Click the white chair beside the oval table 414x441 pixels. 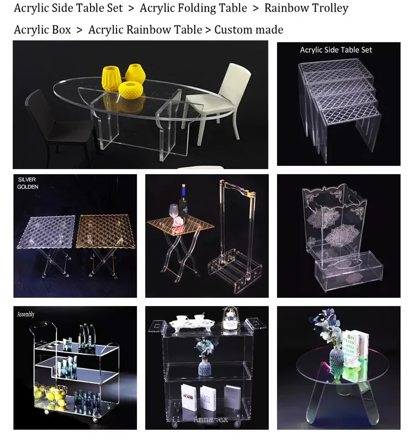coord(221,99)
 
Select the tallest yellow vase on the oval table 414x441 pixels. coord(112,78)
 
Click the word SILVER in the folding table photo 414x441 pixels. coord(26,180)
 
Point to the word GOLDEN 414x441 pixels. coord(28,187)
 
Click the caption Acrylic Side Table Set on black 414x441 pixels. coord(336,50)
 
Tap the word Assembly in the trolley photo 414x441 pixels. coord(26,314)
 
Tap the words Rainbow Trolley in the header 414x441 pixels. coord(306,8)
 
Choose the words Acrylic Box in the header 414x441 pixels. coord(43,30)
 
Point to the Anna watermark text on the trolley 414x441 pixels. coord(211,419)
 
